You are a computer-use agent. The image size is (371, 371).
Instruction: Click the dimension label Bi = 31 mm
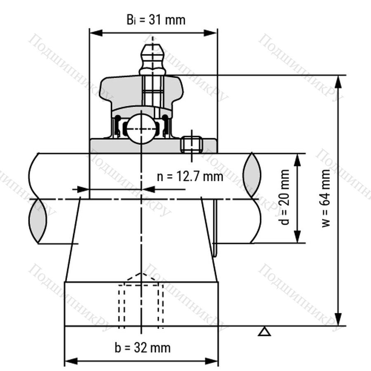156,20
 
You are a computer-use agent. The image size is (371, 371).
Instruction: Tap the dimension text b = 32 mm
143,348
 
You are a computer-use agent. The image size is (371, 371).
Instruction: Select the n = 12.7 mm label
190,176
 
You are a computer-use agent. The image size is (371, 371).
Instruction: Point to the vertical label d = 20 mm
284,197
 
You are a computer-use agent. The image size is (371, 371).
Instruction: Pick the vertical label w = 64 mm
326,198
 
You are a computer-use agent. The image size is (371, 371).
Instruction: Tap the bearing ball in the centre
141,129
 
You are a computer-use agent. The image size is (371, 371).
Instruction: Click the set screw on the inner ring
191,144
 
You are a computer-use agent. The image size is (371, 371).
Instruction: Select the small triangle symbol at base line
264,332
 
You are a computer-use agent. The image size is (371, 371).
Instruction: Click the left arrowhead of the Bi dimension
96,33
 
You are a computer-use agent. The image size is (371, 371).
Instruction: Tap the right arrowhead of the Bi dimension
211,33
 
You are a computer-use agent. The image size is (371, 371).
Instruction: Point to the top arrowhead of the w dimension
339,82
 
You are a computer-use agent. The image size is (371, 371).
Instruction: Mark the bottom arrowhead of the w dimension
339,319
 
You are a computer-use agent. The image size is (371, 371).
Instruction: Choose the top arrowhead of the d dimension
298,160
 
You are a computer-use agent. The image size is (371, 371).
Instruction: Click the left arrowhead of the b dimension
71,361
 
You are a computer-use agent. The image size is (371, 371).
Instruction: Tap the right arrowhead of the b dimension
211,361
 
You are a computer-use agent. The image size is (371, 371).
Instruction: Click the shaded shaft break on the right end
252,175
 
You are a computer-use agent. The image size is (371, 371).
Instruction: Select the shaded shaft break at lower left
38,221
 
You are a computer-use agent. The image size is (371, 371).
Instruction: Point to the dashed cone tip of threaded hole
141,274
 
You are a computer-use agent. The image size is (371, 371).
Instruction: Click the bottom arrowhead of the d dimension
298,237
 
